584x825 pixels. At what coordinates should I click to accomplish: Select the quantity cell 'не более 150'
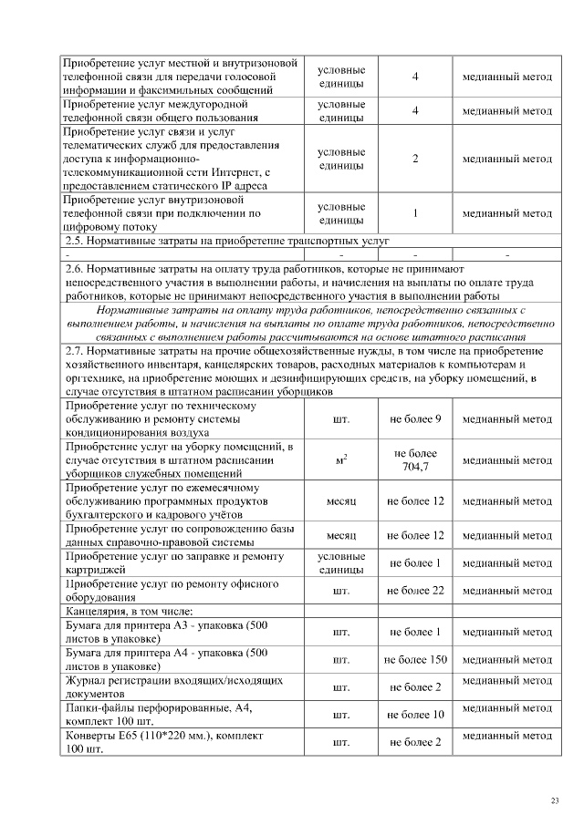pyautogui.click(x=415, y=659)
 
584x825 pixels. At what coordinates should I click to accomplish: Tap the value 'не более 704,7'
pyautogui.click(x=415, y=460)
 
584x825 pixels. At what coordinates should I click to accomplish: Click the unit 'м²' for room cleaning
pyautogui.click(x=341, y=461)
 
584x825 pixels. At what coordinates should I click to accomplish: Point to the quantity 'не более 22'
pyautogui.click(x=415, y=590)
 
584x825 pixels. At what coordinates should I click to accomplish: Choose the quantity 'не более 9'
pyautogui.click(x=415, y=418)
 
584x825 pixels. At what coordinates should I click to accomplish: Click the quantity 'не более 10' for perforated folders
pyautogui.click(x=415, y=715)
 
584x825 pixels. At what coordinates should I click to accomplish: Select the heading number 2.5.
pyautogui.click(x=77, y=241)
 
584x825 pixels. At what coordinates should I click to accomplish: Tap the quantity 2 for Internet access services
pyautogui.click(x=415, y=159)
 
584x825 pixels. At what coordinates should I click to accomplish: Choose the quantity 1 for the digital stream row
pyautogui.click(x=415, y=213)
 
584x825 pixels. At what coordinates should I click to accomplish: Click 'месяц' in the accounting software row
pyautogui.click(x=341, y=501)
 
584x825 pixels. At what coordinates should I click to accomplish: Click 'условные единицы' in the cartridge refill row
pyautogui.click(x=341, y=562)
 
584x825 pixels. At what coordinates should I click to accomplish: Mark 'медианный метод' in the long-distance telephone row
pyautogui.click(x=506, y=111)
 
